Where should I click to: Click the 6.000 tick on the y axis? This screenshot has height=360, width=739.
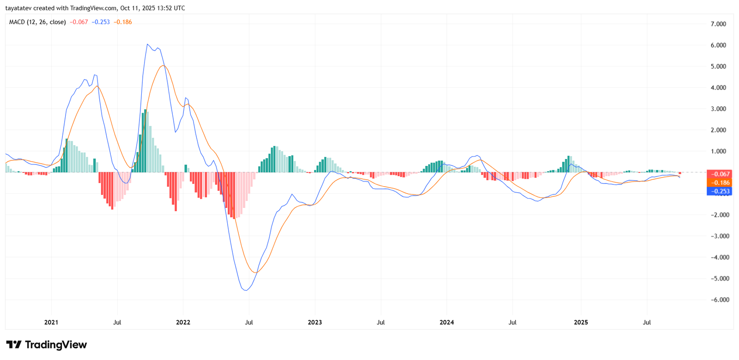718,45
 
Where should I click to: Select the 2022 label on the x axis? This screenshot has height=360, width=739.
183,322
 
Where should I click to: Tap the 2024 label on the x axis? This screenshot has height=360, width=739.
447,322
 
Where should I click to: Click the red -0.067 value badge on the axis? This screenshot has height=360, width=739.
719,174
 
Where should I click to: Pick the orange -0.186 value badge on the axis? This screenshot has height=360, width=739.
719,183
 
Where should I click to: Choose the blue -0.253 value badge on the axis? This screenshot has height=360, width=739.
719,191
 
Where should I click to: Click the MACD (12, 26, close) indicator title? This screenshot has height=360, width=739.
37,22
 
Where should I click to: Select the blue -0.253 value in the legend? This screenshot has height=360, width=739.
101,22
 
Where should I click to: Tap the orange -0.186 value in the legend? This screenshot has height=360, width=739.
123,22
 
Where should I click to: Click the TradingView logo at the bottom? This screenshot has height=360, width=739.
46,345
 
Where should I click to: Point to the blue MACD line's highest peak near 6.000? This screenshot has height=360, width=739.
147,44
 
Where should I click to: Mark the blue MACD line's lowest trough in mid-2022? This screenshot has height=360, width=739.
246,290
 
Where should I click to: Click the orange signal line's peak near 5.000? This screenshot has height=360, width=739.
163,66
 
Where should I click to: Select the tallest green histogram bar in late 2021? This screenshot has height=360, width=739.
145,141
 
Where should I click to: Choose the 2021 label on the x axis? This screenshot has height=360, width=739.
51,322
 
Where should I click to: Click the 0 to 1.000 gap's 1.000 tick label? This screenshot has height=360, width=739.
718,152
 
